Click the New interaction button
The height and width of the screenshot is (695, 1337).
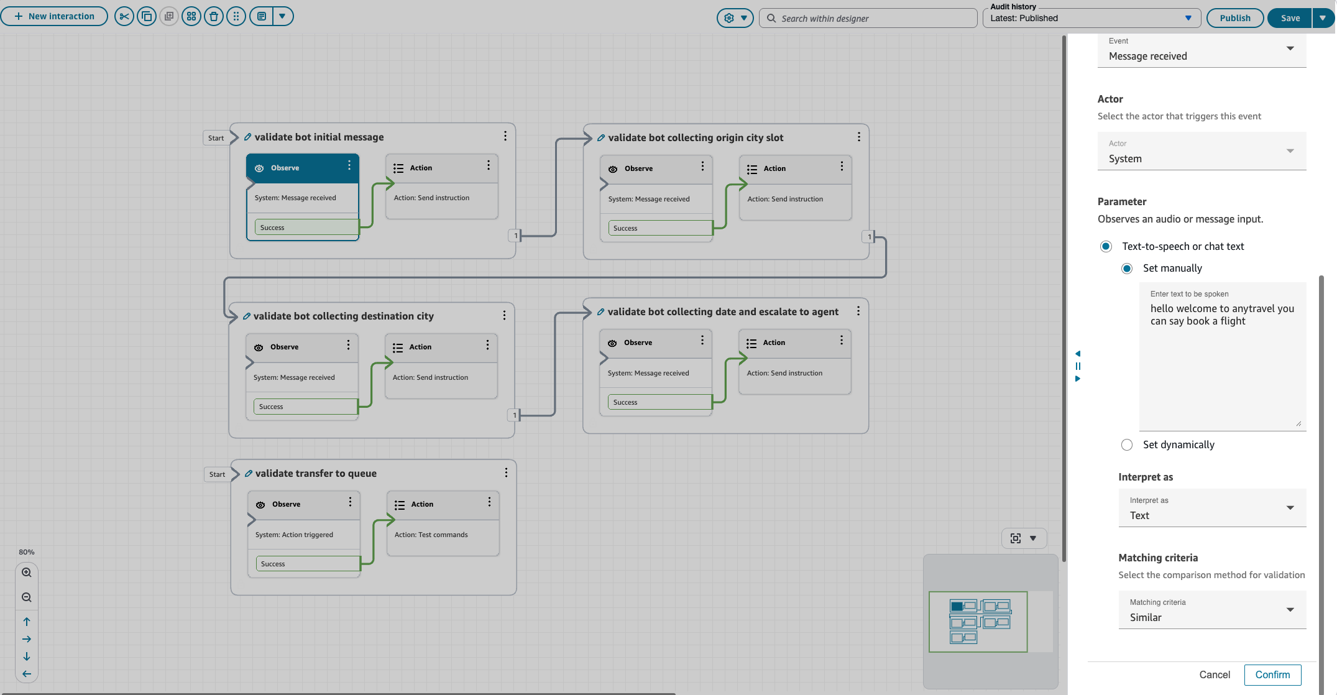(54, 16)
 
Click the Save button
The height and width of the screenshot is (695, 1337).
(1290, 18)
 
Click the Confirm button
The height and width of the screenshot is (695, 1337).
(1272, 674)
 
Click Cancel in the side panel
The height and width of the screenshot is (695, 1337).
(1214, 674)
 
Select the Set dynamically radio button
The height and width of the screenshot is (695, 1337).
(1127, 444)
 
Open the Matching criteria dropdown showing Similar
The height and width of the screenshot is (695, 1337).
(1211, 610)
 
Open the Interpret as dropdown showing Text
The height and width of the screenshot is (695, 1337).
(1211, 508)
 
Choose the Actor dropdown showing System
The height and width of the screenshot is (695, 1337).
(1201, 151)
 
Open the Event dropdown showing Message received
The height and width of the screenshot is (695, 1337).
(1201, 49)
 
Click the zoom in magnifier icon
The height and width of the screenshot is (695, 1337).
(27, 573)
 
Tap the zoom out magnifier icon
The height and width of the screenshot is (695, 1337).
(27, 597)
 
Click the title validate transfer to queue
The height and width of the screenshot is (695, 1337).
(316, 473)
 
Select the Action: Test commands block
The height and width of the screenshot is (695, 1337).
(443, 535)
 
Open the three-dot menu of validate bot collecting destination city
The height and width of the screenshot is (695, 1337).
(504, 316)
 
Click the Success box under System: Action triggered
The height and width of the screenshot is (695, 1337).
(307, 564)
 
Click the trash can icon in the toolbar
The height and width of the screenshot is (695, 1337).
(214, 17)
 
